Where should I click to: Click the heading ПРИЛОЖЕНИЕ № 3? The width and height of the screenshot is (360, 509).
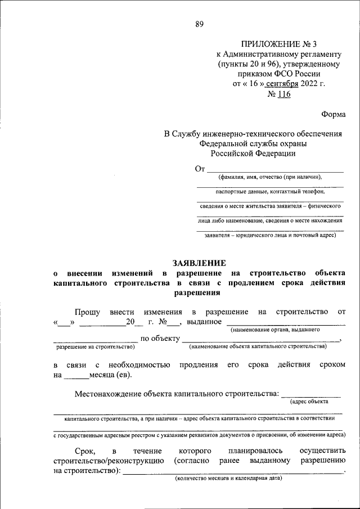coord(279,43)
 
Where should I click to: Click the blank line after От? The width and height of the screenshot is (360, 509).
coord(274,169)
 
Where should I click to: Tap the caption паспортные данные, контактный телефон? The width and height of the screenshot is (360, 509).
coord(270,192)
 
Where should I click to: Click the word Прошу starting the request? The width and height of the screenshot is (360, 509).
coord(87,312)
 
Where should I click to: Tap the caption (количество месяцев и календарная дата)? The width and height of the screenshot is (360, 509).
coord(228,479)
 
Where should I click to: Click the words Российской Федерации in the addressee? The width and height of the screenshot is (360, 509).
coord(253,152)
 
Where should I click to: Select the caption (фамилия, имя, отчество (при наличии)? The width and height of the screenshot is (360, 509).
coord(271,177)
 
